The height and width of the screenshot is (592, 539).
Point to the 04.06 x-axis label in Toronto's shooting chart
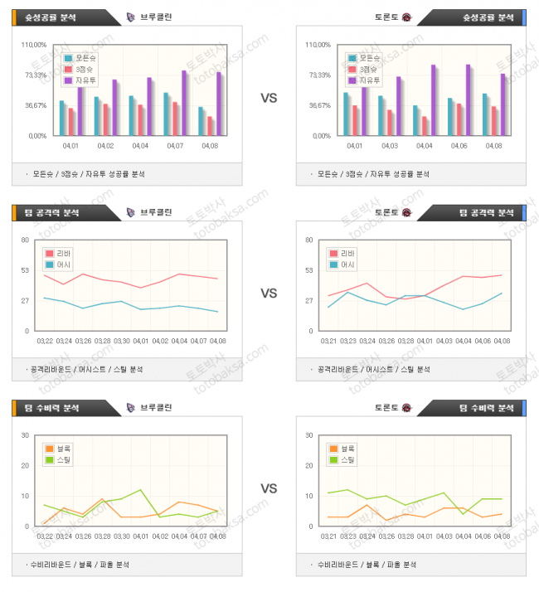tap(459, 145)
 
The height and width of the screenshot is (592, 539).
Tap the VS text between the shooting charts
tap(269, 98)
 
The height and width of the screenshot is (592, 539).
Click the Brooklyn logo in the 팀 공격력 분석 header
tap(131, 212)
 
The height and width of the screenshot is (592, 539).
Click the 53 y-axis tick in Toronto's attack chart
tap(309, 270)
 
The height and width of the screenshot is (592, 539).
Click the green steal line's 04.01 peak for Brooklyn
tap(141, 490)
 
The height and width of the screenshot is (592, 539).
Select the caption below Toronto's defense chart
tap(367, 565)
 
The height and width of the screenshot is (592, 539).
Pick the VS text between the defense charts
tap(269, 488)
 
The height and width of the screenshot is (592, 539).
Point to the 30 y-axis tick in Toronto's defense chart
tap(309, 435)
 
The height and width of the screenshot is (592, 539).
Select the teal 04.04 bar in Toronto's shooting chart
tap(416, 119)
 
